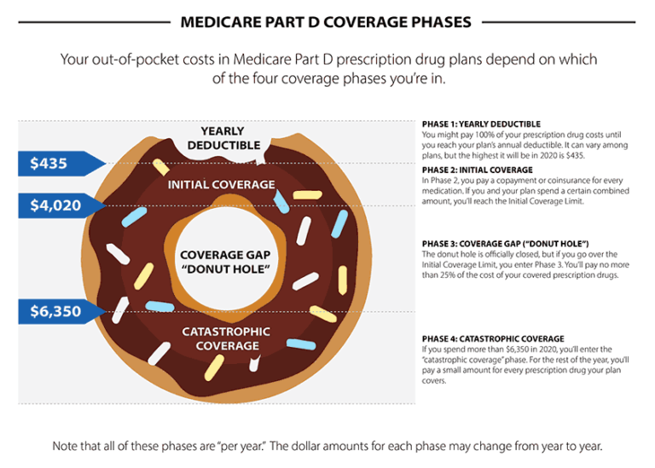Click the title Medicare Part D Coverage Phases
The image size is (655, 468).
pos(327,21)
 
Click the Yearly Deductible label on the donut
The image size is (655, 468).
pos(223,138)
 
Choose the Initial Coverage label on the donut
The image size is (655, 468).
pos(222,185)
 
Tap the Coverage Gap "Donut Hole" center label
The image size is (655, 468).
pos(224,263)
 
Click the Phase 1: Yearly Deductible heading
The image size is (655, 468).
pos(481,124)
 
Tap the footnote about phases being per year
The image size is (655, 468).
pos(327,445)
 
